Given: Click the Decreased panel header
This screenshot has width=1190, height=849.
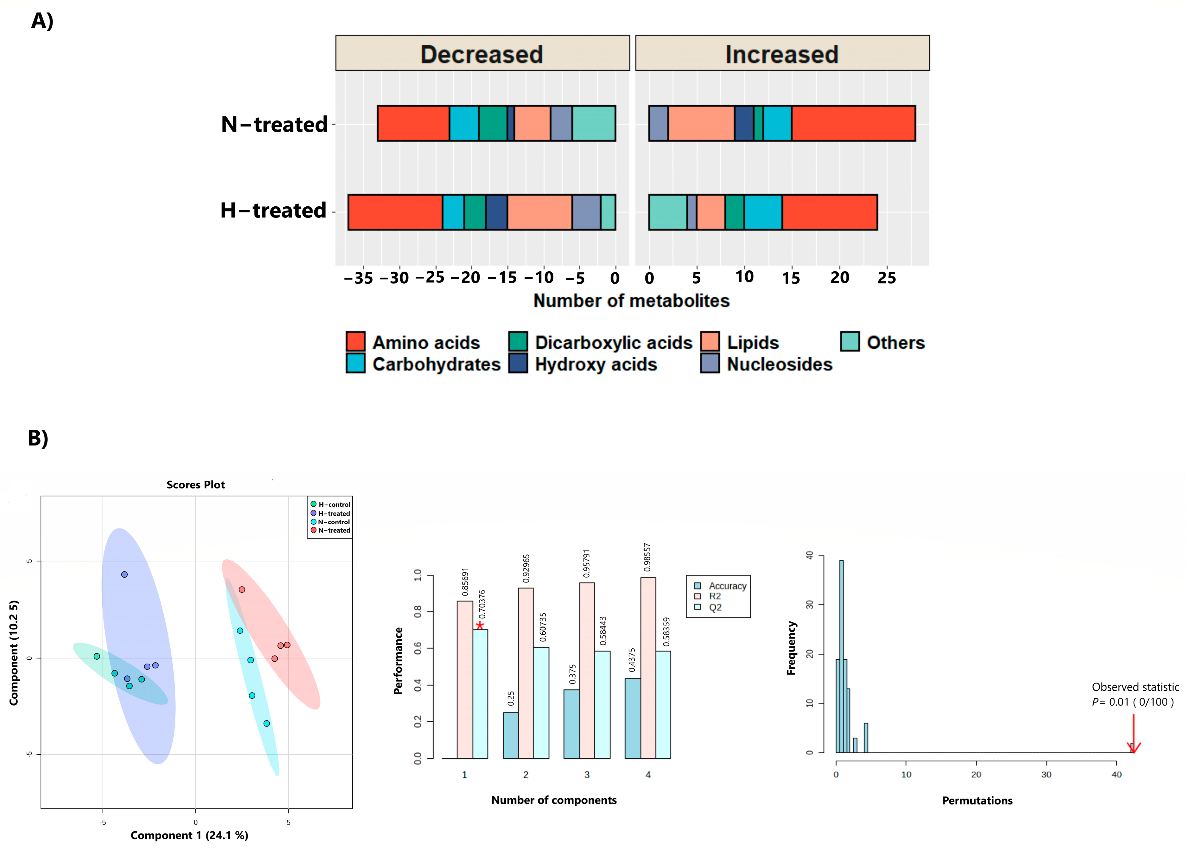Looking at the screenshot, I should pyautogui.click(x=482, y=53).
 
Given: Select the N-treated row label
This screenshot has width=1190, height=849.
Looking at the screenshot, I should pyautogui.click(x=274, y=124).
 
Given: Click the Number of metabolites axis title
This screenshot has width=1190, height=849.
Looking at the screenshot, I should pyautogui.click(x=631, y=301).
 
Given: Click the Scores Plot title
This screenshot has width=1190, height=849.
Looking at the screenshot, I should pyautogui.click(x=196, y=485).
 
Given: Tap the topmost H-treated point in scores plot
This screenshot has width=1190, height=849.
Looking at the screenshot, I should pyautogui.click(x=124, y=575).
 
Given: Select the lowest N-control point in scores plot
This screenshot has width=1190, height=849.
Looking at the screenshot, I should pyautogui.click(x=267, y=723).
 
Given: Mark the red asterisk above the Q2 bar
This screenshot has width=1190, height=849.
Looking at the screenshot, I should pyautogui.click(x=480, y=625).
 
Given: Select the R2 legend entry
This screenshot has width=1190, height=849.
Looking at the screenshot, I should pyautogui.click(x=714, y=596).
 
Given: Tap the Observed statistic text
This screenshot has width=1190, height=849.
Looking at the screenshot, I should pyautogui.click(x=1135, y=687).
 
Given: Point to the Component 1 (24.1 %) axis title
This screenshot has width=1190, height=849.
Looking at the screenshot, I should pyautogui.click(x=189, y=835).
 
